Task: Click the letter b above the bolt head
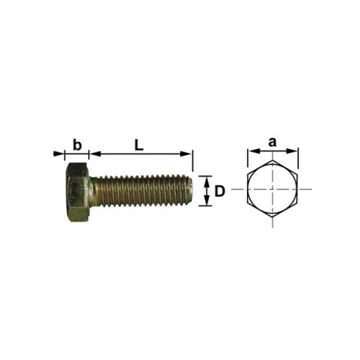[77, 144]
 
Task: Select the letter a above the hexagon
[272, 142]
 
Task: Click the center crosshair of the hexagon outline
[272, 189]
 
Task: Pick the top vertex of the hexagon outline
[272, 162]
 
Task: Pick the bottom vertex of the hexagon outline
[272, 217]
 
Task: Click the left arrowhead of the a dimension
[250, 151]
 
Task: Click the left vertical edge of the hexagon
[248, 189]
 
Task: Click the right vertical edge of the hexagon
[296, 189]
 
